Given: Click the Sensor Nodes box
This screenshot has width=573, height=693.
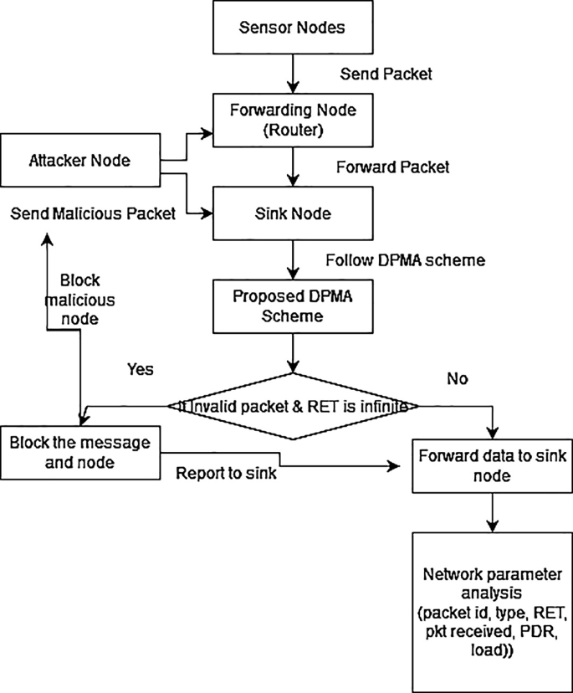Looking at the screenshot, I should pyautogui.click(x=292, y=28).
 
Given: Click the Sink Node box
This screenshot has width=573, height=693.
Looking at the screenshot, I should pyautogui.click(x=292, y=213).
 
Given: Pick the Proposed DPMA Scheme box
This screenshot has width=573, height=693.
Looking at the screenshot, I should pyautogui.click(x=292, y=306).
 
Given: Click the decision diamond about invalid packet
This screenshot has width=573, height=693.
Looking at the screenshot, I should pyautogui.click(x=292, y=406).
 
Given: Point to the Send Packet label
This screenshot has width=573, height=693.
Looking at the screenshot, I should pyautogui.click(x=386, y=74).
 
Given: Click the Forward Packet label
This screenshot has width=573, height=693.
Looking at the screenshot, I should pyautogui.click(x=392, y=167).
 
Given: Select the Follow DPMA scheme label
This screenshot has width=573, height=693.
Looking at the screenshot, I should pyautogui.click(x=406, y=260).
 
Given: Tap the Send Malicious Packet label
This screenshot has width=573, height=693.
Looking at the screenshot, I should pyautogui.click(x=93, y=213).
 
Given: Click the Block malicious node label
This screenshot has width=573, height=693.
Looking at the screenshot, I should pyautogui.click(x=88, y=300).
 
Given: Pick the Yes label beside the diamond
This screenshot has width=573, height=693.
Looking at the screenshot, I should pyautogui.click(x=141, y=368).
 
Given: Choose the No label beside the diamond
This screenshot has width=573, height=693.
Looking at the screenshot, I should pyautogui.click(x=456, y=378).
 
